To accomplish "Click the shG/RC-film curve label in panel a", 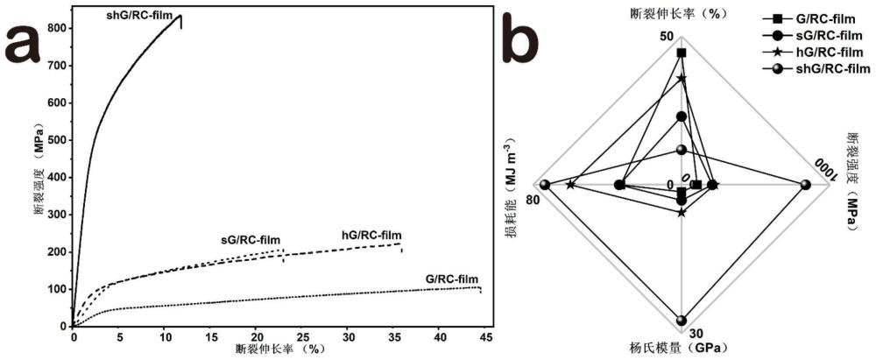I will (138, 15).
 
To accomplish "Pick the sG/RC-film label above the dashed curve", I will (251, 239).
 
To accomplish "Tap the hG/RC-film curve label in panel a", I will (371, 234).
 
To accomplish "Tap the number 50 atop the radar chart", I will (665, 37).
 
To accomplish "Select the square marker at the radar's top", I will (682, 53).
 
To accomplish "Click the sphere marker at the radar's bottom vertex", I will (682, 320).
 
